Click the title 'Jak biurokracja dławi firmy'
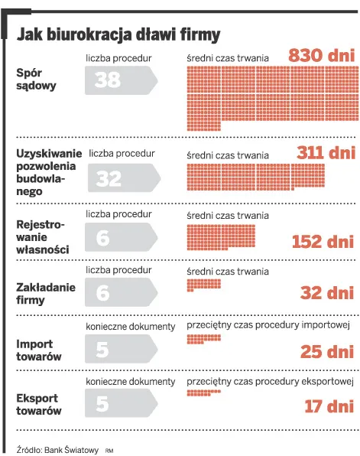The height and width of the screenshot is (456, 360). [x=118, y=34]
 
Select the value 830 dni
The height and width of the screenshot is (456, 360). [x=321, y=57]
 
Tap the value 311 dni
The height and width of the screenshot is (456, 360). [x=326, y=152]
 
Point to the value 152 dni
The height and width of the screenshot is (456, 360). [x=323, y=242]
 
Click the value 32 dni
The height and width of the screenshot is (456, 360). [x=327, y=292]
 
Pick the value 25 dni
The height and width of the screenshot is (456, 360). [x=327, y=351]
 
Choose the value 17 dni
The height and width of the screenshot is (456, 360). [x=329, y=406]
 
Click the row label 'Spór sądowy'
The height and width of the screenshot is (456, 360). [x=36, y=79]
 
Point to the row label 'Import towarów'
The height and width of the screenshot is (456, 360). [x=39, y=350]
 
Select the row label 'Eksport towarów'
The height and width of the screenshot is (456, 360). [x=39, y=405]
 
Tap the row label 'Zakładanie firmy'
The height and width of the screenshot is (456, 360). [x=44, y=293]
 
